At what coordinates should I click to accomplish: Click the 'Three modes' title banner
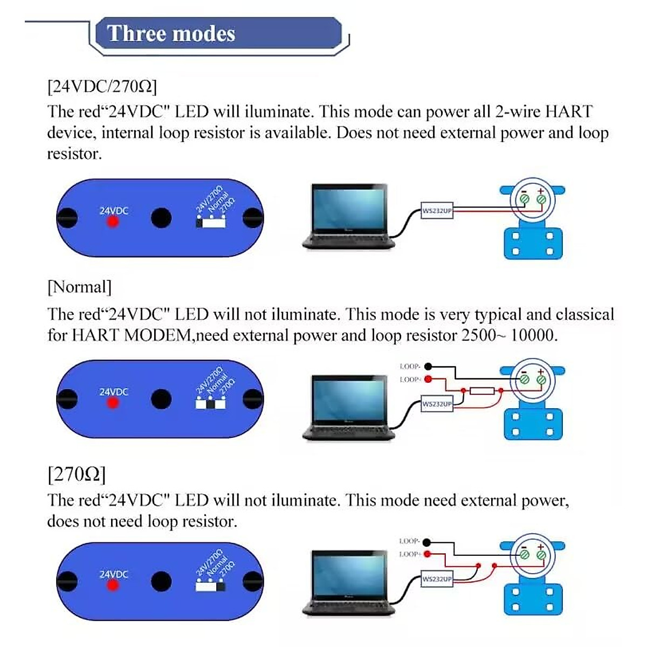coord(218,34)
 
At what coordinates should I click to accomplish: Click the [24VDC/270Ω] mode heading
coord(102,86)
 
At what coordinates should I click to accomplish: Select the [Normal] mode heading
coord(80,287)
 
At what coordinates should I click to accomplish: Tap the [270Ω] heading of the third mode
coord(77,474)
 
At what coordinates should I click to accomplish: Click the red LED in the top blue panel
coord(113,222)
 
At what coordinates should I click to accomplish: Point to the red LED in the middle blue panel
coord(113,402)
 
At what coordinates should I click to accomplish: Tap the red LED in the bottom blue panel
coord(113,584)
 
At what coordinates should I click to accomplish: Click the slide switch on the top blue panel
coord(211,222)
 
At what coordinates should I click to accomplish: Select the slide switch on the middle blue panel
coord(211,403)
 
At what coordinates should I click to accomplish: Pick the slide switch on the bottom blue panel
coord(211,586)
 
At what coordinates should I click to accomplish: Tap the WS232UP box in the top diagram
coord(437,211)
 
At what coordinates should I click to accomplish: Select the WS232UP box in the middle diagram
coord(437,404)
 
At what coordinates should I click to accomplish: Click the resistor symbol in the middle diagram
coord(482,391)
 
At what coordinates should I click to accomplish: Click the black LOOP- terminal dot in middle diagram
coord(428,367)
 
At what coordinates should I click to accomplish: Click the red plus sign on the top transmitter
coord(541,191)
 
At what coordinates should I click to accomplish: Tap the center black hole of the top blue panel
coord(161,218)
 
